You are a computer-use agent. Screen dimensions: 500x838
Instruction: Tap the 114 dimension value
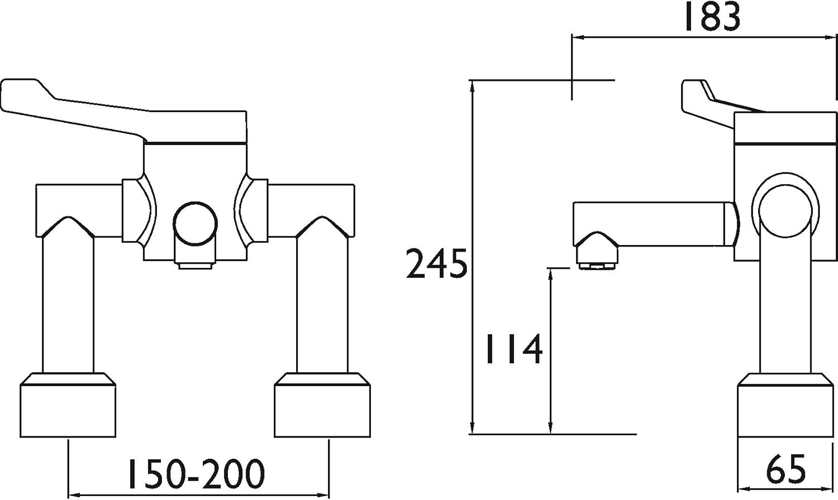click(513, 349)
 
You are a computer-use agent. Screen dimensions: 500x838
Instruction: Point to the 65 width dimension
click(785, 470)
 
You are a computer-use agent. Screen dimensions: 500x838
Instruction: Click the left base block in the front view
click(68, 406)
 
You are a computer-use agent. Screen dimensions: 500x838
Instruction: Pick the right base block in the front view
click(322, 406)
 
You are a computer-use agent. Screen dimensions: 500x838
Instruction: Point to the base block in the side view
click(785, 406)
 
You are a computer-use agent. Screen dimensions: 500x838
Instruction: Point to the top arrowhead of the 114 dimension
click(551, 273)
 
